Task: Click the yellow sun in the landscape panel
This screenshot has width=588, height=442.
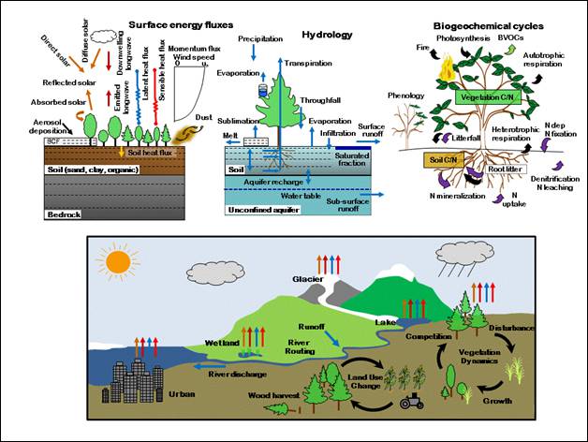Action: pyautogui.click(x=119, y=260)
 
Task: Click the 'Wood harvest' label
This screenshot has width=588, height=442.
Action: pyautogui.click(x=273, y=396)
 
